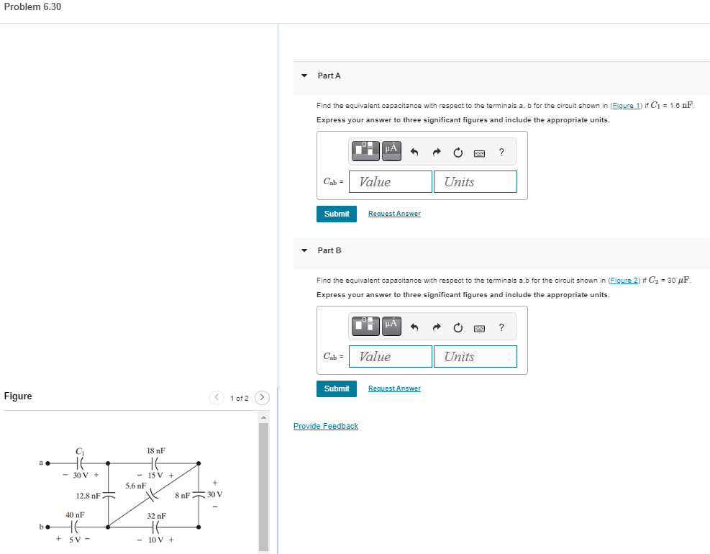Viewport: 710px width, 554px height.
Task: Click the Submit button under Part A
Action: [336, 214]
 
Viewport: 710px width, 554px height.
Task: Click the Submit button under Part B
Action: [336, 389]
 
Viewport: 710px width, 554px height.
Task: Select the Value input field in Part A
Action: [391, 182]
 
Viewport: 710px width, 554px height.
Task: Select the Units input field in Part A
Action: [475, 182]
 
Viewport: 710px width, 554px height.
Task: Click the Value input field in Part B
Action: [391, 357]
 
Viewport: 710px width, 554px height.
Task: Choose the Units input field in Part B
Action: [475, 357]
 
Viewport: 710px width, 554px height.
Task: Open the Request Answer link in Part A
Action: [394, 214]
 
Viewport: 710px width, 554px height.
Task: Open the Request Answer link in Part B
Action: [394, 389]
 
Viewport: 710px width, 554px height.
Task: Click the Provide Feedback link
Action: [325, 426]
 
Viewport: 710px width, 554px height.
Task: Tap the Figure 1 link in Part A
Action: [624, 106]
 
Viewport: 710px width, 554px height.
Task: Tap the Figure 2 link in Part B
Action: [624, 281]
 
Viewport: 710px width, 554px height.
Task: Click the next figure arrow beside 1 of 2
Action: [263, 398]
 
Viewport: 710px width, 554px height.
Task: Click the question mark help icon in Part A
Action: [501, 152]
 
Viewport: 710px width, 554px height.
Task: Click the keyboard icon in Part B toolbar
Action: [479, 328]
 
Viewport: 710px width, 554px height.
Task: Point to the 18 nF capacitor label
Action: [156, 450]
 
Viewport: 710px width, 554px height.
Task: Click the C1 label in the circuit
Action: [80, 451]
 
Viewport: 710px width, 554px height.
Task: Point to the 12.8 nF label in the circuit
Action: [88, 496]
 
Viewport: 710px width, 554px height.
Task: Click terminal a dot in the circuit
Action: [47, 463]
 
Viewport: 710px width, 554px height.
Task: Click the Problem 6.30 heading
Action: [32, 6]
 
